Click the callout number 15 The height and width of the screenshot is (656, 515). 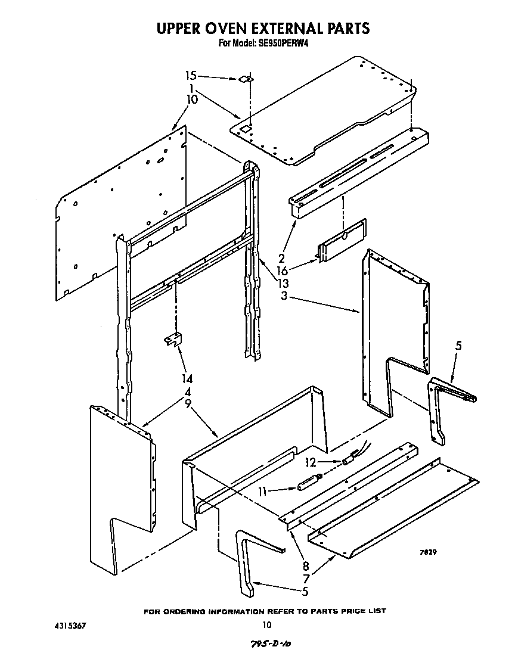pyautogui.click(x=190, y=76)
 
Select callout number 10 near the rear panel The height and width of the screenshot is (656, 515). pyautogui.click(x=192, y=100)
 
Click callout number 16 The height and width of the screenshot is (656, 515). pyautogui.click(x=282, y=270)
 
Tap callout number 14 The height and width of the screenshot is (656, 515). pyautogui.click(x=188, y=378)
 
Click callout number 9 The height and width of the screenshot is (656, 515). pyautogui.click(x=188, y=403)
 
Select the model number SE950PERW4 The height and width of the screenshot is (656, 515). pyautogui.click(x=283, y=43)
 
